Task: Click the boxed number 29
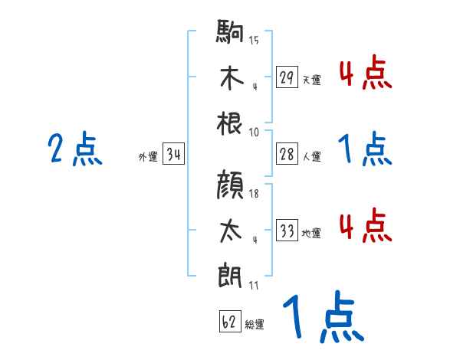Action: point(287,77)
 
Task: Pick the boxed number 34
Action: point(174,155)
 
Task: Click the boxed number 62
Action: point(229,322)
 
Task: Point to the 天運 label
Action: point(311,80)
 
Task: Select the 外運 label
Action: point(148,157)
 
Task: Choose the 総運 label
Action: point(255,325)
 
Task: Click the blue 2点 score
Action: point(74,149)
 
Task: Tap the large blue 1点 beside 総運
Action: point(321,319)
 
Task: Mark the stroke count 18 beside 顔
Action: point(254,194)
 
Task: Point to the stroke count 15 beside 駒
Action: point(254,40)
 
